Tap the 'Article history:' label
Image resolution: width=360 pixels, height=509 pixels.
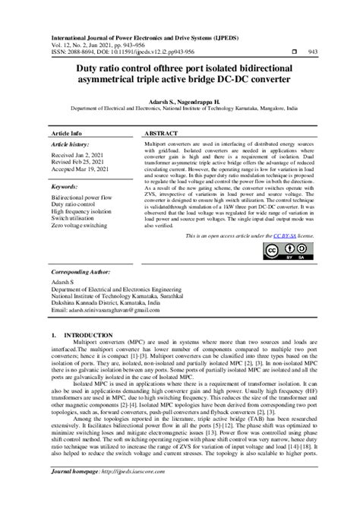pos(69,144)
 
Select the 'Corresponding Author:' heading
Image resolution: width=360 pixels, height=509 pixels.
pos(81,271)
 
